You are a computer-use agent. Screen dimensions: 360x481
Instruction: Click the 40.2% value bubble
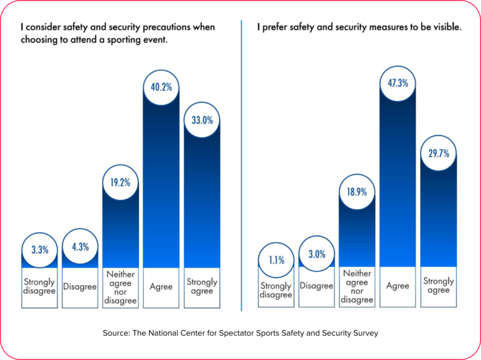click(161, 87)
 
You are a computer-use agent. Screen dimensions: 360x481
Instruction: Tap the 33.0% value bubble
click(202, 121)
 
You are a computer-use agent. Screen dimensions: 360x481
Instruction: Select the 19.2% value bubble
click(121, 182)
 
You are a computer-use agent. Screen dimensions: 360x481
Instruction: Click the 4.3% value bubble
click(80, 247)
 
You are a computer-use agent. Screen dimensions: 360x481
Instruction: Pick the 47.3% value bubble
click(398, 83)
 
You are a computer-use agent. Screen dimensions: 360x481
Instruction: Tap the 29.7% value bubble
click(439, 154)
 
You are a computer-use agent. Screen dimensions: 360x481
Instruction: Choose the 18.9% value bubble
click(356, 192)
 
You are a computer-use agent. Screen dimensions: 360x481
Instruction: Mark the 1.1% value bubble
click(276, 260)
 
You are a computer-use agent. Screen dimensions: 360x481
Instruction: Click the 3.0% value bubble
click(317, 254)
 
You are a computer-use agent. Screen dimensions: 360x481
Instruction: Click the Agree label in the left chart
click(161, 287)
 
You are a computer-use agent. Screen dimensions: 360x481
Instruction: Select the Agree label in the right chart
click(398, 286)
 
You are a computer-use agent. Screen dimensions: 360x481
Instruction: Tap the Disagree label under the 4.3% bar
click(80, 287)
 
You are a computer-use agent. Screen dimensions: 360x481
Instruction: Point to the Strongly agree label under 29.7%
click(439, 286)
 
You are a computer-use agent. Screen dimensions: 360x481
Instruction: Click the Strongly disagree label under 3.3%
click(39, 287)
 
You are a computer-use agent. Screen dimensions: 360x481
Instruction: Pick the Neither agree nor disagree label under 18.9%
click(356, 286)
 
